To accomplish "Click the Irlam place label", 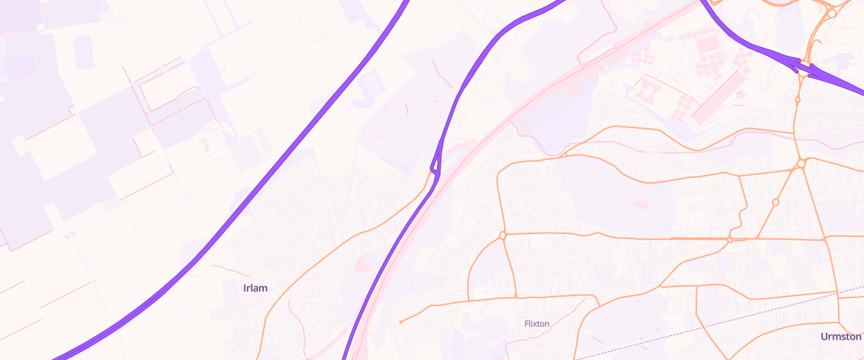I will click(256, 288).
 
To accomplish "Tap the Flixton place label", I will click(537, 324).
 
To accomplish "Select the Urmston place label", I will click(840, 336).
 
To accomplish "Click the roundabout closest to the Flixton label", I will click(503, 235).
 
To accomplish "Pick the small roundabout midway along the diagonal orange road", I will click(775, 202).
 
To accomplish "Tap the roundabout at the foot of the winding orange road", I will click(729, 239).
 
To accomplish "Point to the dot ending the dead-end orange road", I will click(400, 322).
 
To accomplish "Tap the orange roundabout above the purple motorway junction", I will click(832, 13).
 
